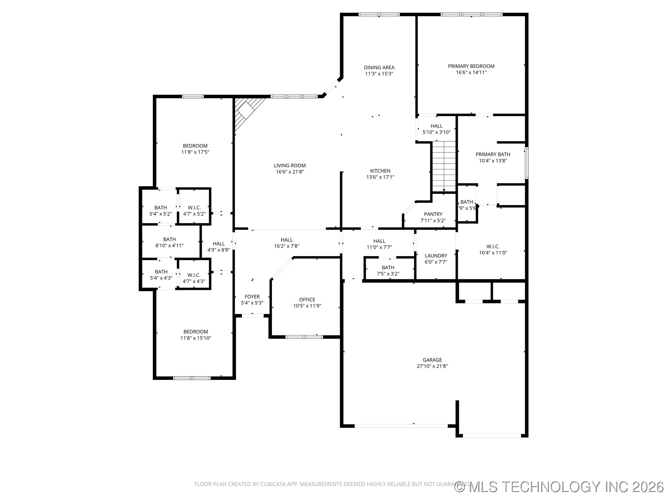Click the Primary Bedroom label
471,66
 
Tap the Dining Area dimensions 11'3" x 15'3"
379,74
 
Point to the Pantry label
433,214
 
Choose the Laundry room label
436,256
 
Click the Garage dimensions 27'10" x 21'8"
432,366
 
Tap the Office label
307,300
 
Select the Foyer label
252,297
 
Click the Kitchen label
380,171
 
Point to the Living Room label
290,166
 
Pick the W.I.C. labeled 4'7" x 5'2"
194,210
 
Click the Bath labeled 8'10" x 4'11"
170,242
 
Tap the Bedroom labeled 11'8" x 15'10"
196,335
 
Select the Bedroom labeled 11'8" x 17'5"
195,149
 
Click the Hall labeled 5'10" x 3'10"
436,129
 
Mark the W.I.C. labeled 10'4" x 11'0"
493,249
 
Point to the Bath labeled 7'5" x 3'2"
388,270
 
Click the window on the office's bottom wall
304,337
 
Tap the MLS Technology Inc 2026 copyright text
559,487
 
